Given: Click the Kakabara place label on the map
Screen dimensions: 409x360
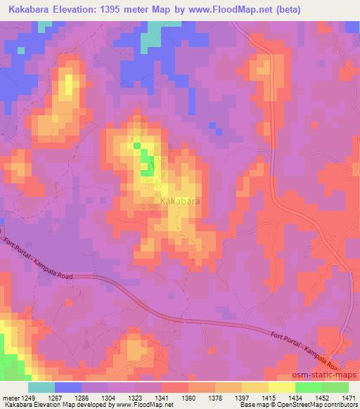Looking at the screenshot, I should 180,202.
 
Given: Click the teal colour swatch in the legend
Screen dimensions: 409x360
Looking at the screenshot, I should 41,387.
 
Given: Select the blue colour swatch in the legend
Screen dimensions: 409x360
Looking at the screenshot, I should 68,387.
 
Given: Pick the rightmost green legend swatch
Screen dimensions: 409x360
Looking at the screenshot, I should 335,387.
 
